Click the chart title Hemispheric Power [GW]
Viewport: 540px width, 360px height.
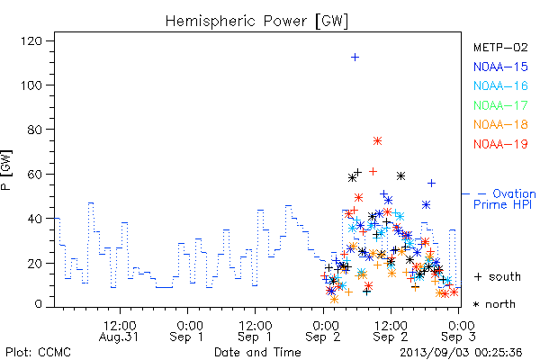click(256, 22)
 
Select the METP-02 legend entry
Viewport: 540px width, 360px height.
click(500, 47)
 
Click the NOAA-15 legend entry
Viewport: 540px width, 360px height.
click(500, 67)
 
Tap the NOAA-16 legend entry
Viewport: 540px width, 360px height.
click(500, 85)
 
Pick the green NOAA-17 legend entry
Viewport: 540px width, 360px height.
click(500, 105)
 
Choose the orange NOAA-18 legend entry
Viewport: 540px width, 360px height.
click(500, 124)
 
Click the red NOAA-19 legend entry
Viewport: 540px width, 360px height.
click(500, 144)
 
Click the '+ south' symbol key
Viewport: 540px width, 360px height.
click(498, 276)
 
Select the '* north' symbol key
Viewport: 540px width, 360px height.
click(494, 304)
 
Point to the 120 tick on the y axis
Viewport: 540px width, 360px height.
click(31, 41)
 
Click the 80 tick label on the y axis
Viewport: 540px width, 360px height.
click(35, 130)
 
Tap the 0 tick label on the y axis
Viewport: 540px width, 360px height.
click(38, 304)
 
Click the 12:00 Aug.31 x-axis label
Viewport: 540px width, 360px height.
click(119, 331)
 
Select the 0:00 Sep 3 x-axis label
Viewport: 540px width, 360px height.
click(459, 331)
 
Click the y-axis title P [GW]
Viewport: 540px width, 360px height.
click(6, 170)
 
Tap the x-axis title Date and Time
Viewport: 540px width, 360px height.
click(257, 353)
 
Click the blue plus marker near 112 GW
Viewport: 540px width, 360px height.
click(355, 58)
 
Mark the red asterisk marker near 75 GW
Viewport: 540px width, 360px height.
click(377, 141)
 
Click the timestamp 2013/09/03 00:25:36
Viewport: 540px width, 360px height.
click(461, 353)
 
